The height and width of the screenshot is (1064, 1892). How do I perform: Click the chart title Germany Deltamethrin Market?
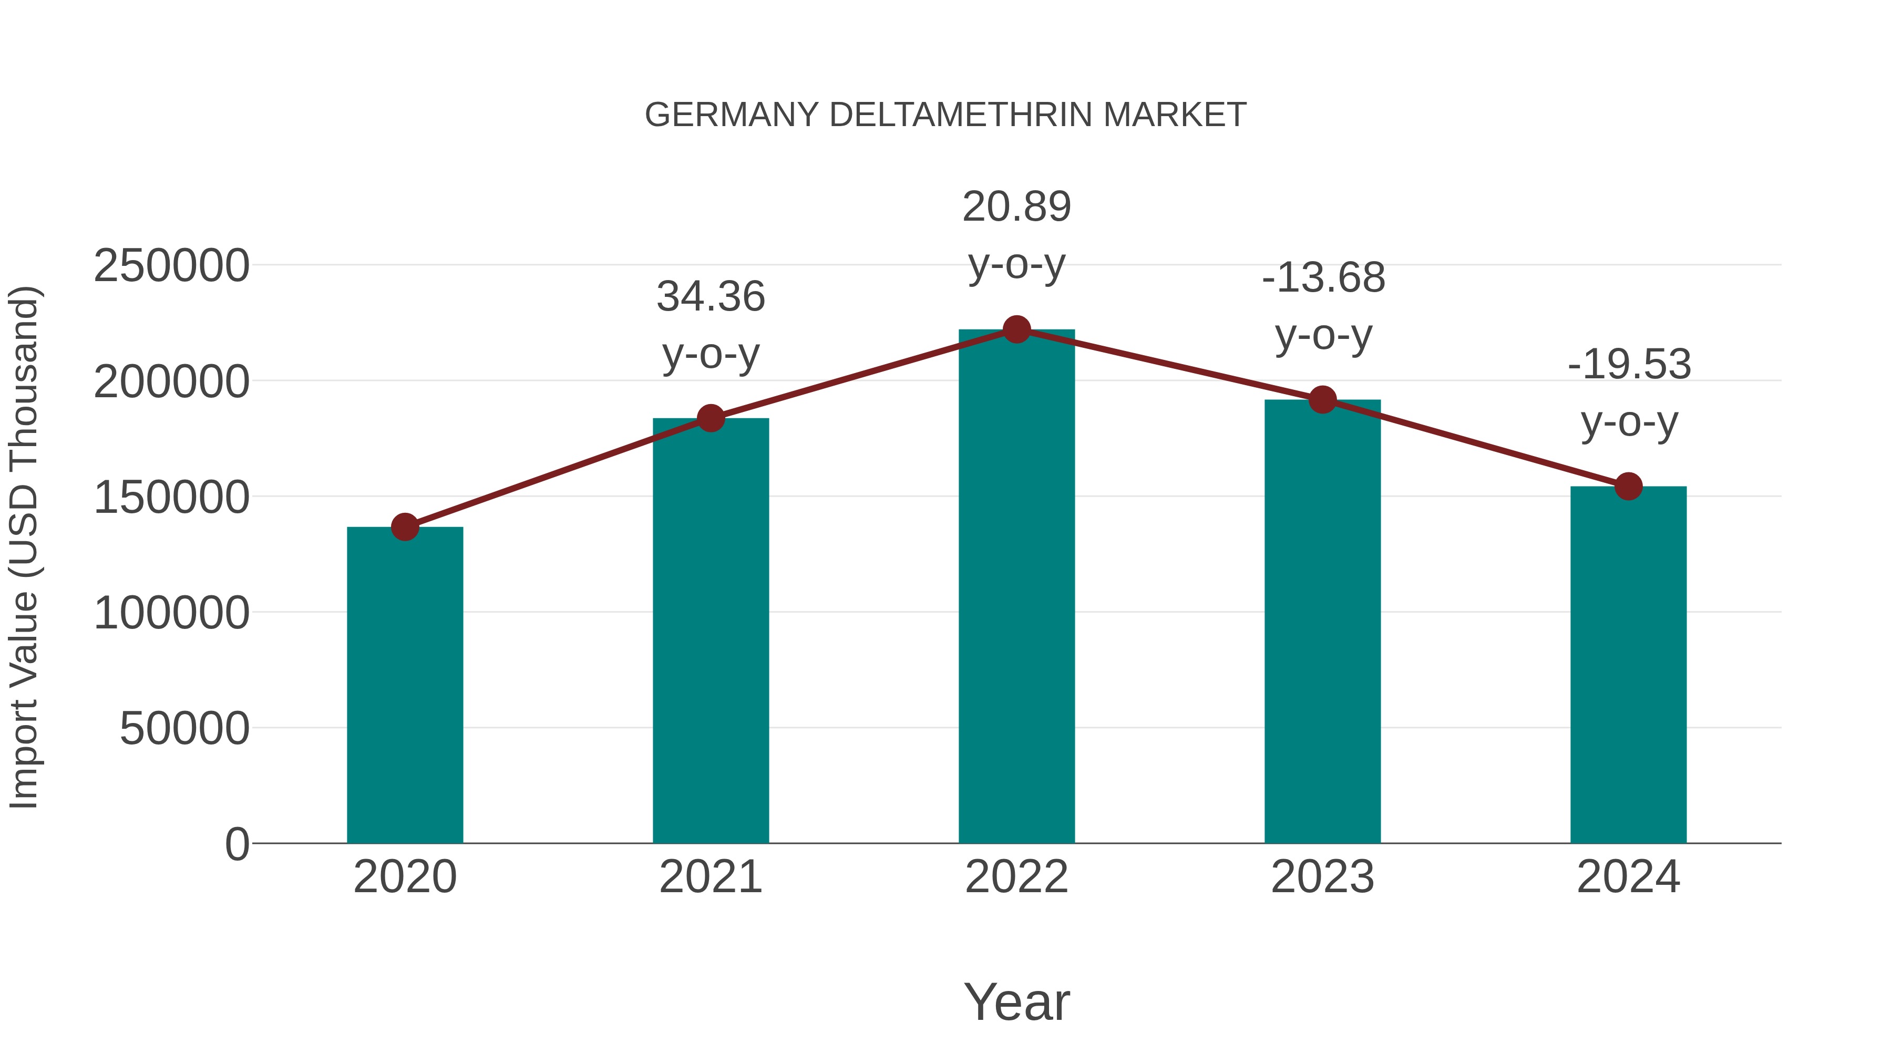[x=945, y=115]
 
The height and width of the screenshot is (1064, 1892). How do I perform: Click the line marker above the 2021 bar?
[x=711, y=419]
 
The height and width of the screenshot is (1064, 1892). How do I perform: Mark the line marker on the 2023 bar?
[x=1323, y=400]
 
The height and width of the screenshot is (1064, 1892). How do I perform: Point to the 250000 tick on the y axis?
[x=171, y=266]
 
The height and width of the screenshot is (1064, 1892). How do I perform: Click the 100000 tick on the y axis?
[x=171, y=613]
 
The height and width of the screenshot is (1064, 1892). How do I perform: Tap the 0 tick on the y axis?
[x=237, y=844]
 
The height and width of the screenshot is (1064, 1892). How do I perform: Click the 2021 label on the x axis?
[x=711, y=877]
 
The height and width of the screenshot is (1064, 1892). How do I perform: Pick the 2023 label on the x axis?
[x=1323, y=877]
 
